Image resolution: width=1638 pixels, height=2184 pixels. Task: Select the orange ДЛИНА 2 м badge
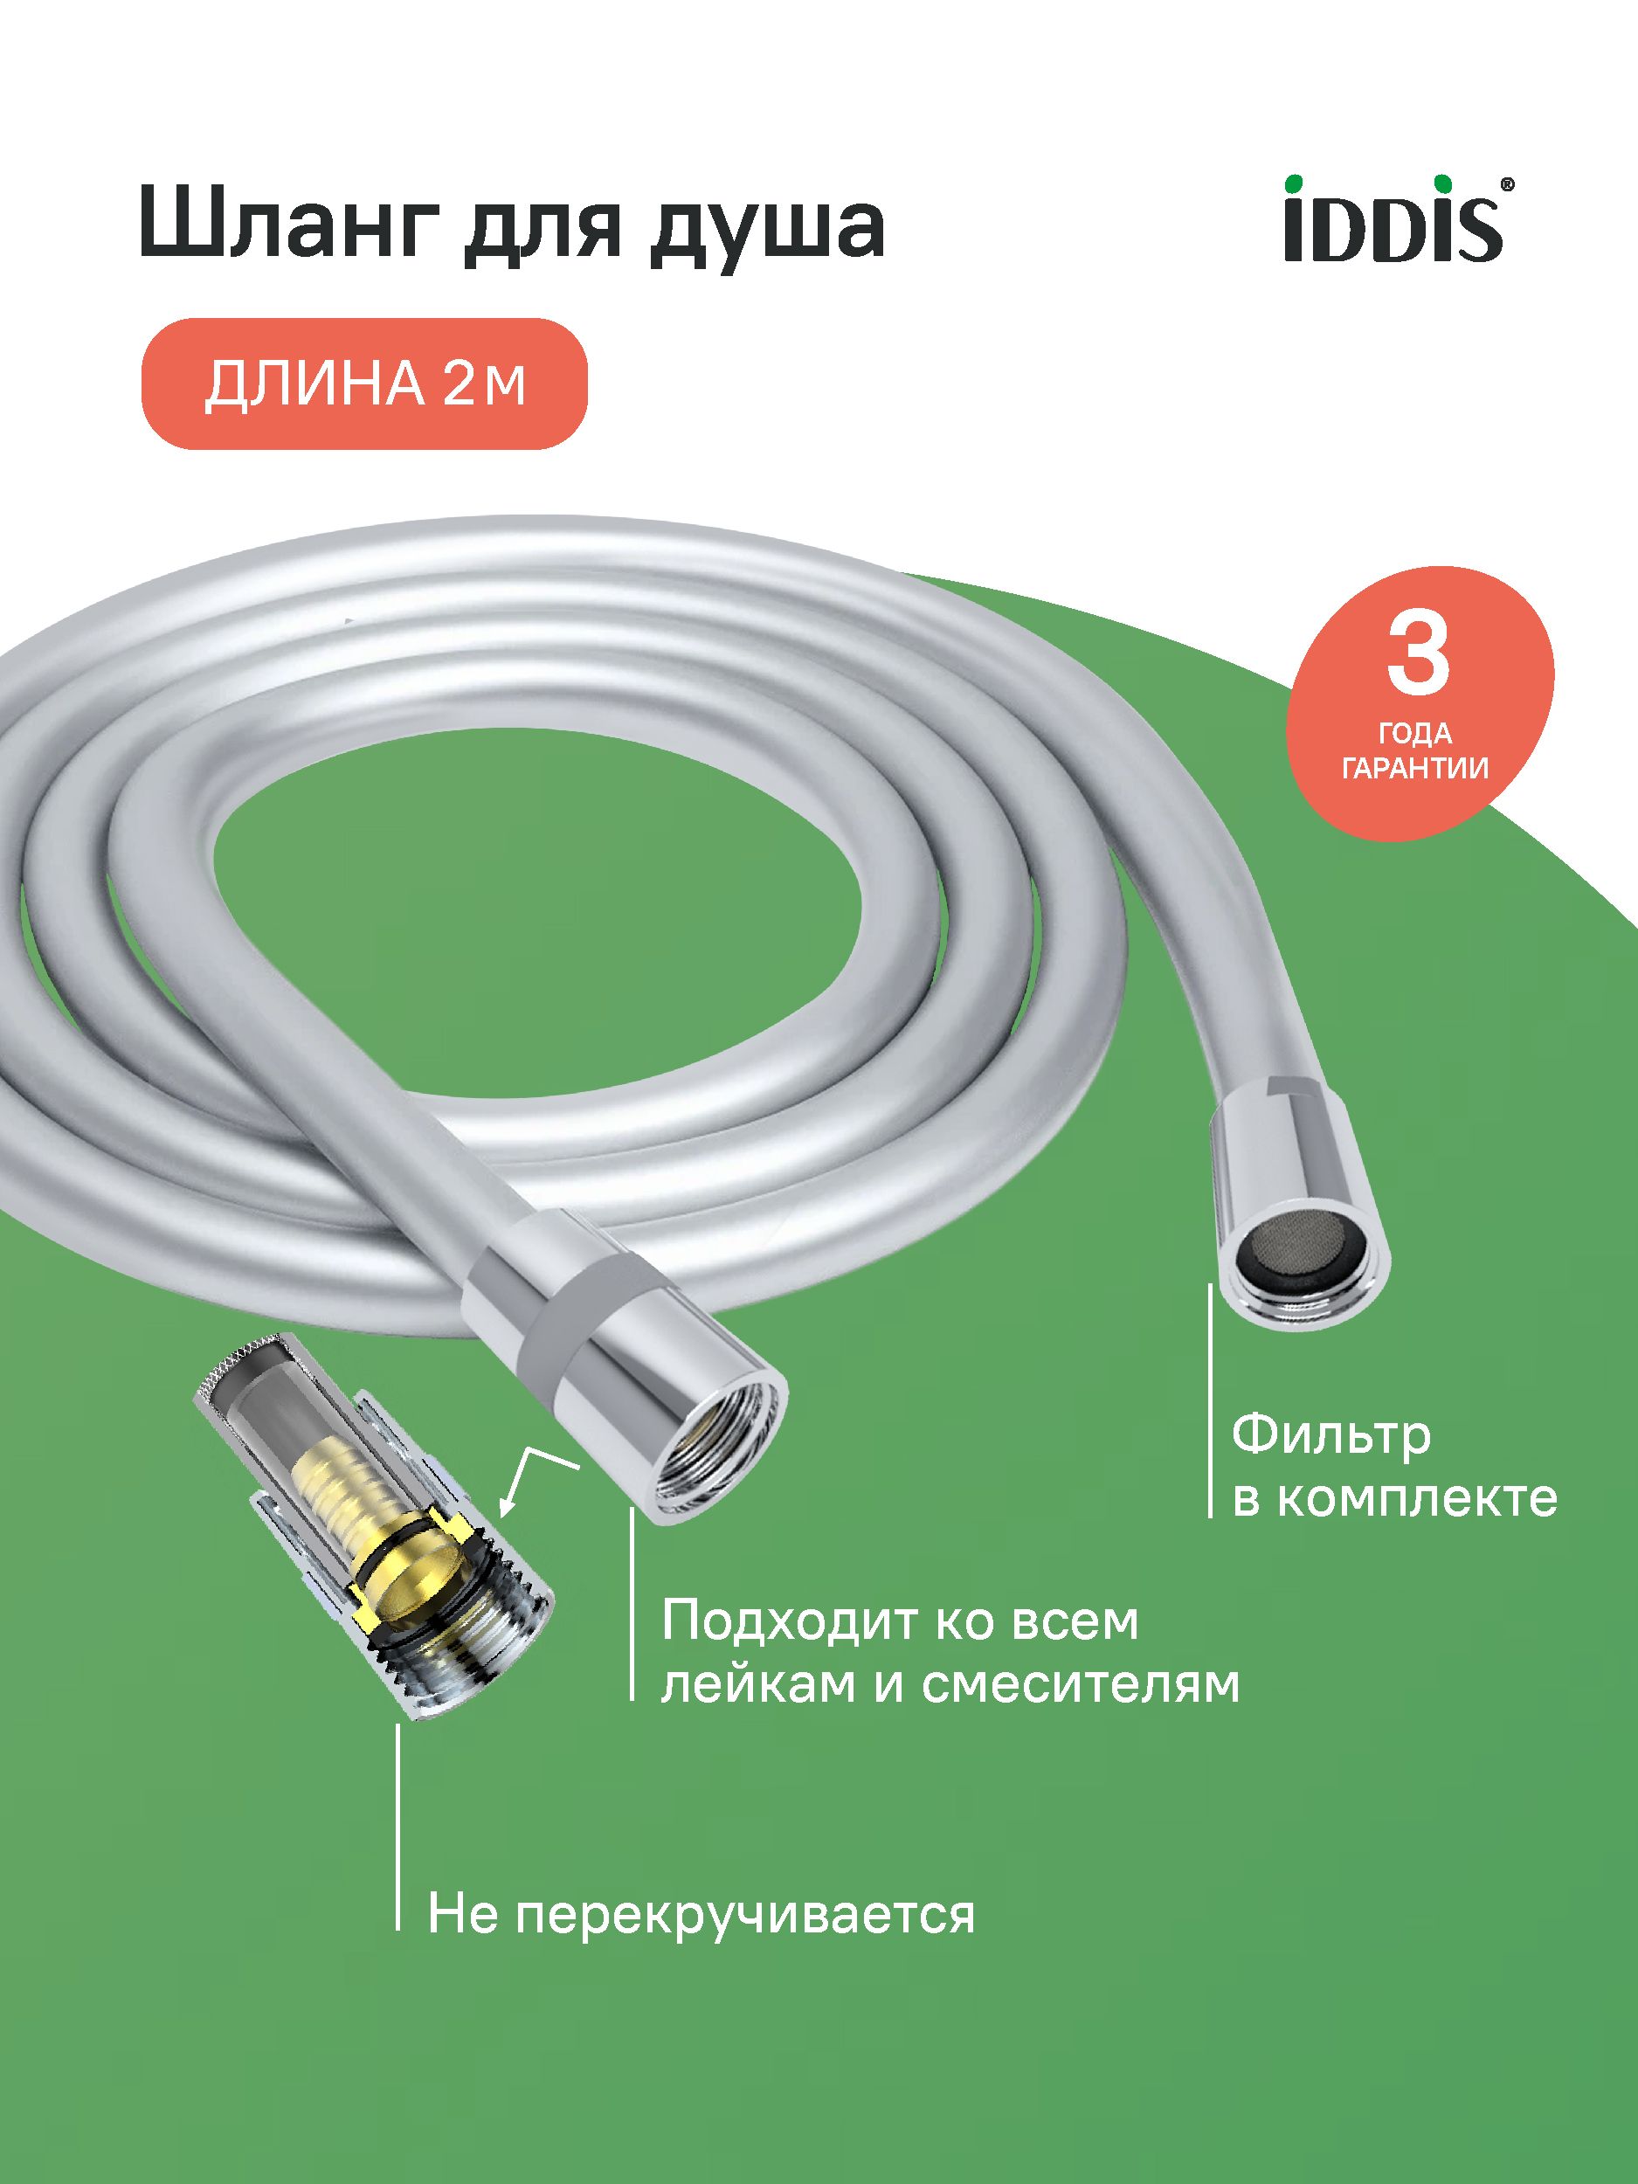tap(365, 384)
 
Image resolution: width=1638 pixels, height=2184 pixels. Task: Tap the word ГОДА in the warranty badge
tap(1416, 734)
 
